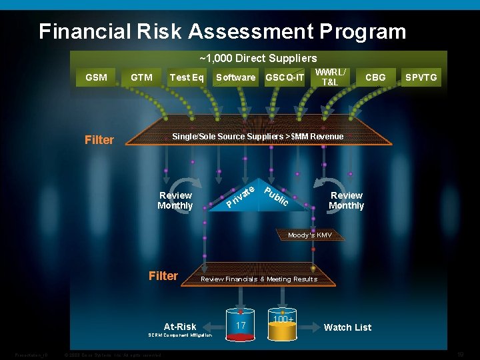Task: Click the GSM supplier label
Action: [97, 77]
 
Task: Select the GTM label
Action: [141, 77]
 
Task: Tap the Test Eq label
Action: [187, 77]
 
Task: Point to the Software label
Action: [235, 77]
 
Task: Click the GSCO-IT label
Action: [285, 77]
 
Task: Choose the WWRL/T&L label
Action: [330, 77]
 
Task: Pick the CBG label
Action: [375, 77]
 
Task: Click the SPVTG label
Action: [421, 77]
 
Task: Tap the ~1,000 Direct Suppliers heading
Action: [259, 59]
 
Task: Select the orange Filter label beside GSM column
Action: [99, 140]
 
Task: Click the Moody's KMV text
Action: [309, 235]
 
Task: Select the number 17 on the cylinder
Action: [241, 325]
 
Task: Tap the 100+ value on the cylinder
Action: [283, 321]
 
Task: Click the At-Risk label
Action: [180, 327]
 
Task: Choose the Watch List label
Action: [347, 327]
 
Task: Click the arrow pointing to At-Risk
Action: [214, 327]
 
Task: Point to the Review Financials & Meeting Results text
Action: [259, 279]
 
